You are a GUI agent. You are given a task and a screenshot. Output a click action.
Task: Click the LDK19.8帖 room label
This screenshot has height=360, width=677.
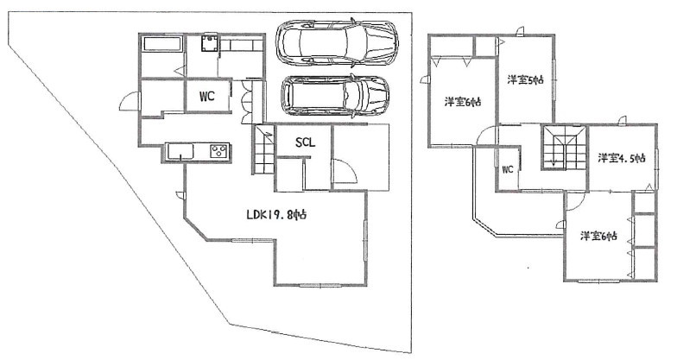tap(276, 214)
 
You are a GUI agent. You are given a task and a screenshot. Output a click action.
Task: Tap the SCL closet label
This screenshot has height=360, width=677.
tap(306, 142)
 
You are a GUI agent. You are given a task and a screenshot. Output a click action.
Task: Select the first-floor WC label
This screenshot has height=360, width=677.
tap(207, 97)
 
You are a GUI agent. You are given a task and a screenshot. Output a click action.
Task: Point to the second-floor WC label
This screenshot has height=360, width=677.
tap(508, 169)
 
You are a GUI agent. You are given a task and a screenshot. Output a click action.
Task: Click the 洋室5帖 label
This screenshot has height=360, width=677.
tap(525, 79)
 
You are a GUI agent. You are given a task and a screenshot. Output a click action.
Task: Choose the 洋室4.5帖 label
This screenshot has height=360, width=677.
tap(622, 158)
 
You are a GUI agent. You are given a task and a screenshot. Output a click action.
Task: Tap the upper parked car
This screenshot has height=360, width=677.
tap(337, 43)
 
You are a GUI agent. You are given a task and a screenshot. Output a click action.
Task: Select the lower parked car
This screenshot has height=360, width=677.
tap(335, 97)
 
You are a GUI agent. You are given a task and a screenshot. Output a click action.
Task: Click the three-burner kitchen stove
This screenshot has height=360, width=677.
tap(218, 151)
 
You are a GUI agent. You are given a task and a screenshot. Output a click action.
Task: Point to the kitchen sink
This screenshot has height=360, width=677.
tap(180, 152)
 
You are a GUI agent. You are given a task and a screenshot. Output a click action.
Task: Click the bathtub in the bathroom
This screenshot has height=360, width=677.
tap(162, 44)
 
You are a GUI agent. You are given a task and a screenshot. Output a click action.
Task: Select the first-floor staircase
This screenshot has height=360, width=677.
tap(264, 149)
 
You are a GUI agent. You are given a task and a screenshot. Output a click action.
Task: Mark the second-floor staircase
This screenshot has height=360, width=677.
tap(563, 147)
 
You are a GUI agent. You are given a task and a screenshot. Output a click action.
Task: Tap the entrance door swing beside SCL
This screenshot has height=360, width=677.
tap(345, 171)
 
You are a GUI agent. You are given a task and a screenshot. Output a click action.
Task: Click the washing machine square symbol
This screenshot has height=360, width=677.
tap(210, 43)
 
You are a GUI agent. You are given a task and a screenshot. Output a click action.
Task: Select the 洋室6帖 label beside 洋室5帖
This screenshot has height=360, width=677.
tap(463, 102)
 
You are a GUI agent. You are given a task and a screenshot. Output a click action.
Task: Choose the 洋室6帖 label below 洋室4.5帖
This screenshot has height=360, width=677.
tap(598, 237)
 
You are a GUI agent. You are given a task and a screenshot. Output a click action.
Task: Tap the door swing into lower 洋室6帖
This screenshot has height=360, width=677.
tap(575, 202)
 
